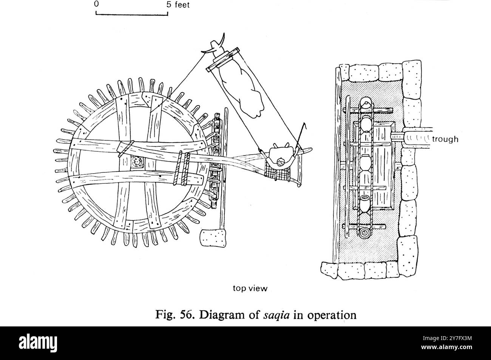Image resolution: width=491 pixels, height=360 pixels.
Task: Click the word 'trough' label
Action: [x=445, y=139]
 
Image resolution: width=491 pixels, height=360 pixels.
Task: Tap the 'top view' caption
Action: [x=250, y=288]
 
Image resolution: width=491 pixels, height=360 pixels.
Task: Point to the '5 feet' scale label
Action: [x=178, y=5]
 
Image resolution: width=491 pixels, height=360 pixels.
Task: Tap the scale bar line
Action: [x=132, y=15]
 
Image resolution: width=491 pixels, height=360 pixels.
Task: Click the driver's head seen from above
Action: [x=281, y=163]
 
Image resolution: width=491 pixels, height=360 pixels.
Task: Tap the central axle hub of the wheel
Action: [x=137, y=162]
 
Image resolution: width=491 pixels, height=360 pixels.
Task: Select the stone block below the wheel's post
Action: [x=213, y=238]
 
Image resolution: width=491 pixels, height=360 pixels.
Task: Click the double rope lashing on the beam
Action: [x=182, y=168]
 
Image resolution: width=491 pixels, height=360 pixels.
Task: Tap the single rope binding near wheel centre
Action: [x=126, y=149]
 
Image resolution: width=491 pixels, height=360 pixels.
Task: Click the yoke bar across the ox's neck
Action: [x=222, y=60]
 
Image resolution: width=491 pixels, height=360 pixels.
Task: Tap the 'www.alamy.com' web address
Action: [x=446, y=347]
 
